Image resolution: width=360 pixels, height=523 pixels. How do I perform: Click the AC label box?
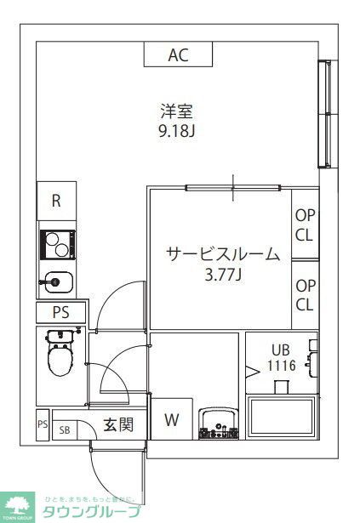(177, 55)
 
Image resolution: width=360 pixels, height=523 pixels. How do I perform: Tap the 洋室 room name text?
(178, 111)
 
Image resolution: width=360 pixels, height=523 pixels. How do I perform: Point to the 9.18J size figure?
(178, 132)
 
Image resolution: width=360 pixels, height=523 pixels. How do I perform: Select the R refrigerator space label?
(56, 202)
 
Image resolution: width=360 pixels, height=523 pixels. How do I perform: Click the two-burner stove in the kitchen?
(57, 245)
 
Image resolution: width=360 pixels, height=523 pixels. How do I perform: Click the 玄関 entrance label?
(118, 424)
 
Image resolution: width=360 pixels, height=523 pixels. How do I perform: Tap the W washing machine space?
(172, 419)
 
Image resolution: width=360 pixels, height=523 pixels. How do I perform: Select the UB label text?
(280, 350)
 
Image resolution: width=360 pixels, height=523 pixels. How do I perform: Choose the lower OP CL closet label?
(305, 295)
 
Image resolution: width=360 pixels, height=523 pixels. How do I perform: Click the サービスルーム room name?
(222, 253)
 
